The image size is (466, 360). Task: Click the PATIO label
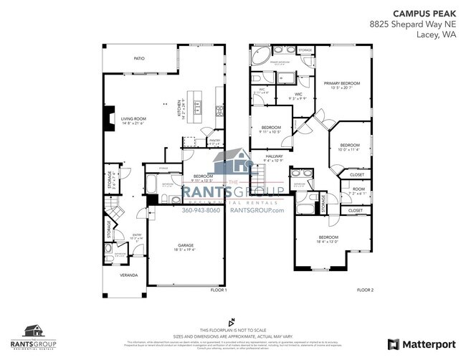pos(141,59)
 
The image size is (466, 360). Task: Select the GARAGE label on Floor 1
pos(186,245)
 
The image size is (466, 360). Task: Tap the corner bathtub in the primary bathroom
pos(260,55)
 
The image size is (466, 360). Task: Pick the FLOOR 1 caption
pos(218,290)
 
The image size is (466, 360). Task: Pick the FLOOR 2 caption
pos(366,290)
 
